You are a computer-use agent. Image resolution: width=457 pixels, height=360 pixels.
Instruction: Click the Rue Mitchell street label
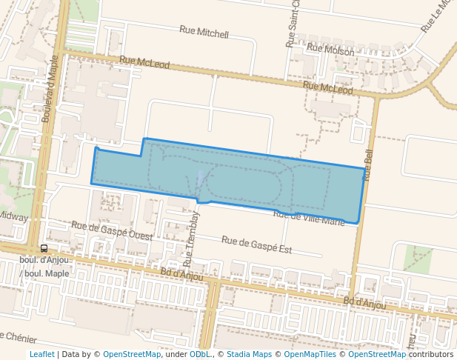click(204, 33)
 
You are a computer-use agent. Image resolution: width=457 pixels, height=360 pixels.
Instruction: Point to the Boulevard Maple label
click(50, 92)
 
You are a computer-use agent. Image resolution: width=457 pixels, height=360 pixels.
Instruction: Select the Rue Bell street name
click(369, 164)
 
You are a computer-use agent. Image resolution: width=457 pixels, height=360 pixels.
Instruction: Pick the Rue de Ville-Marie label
click(309, 217)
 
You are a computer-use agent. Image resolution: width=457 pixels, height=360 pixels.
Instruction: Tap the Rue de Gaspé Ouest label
click(112, 230)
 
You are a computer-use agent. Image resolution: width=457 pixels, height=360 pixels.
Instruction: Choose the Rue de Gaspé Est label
click(256, 244)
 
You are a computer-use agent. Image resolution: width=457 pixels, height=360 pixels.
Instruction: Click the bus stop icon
click(44, 249)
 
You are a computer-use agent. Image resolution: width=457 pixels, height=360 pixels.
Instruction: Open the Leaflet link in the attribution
click(41, 354)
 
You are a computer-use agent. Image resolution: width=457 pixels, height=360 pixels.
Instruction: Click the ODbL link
click(199, 354)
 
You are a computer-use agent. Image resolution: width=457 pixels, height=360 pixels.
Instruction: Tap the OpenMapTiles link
click(312, 354)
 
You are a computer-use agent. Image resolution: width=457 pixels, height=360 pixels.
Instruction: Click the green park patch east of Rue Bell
click(418, 259)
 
